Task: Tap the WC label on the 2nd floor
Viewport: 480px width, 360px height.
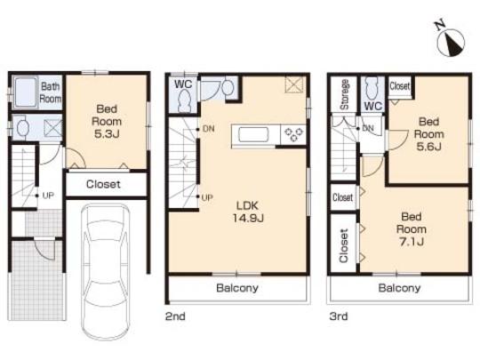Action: click(184, 84)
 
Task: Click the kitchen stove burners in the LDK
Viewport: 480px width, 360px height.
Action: click(292, 134)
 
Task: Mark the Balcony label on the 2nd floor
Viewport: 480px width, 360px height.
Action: click(237, 289)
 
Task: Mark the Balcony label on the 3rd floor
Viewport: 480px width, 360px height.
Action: click(399, 289)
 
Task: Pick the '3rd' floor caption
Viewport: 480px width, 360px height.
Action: click(339, 316)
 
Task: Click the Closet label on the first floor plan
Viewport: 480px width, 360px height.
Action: click(105, 185)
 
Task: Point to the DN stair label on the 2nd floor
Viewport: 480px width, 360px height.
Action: click(208, 130)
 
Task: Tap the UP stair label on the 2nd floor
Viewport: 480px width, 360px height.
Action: click(208, 196)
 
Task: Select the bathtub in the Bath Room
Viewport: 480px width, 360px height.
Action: click(25, 91)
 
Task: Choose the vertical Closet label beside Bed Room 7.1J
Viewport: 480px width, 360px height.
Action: click(343, 245)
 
